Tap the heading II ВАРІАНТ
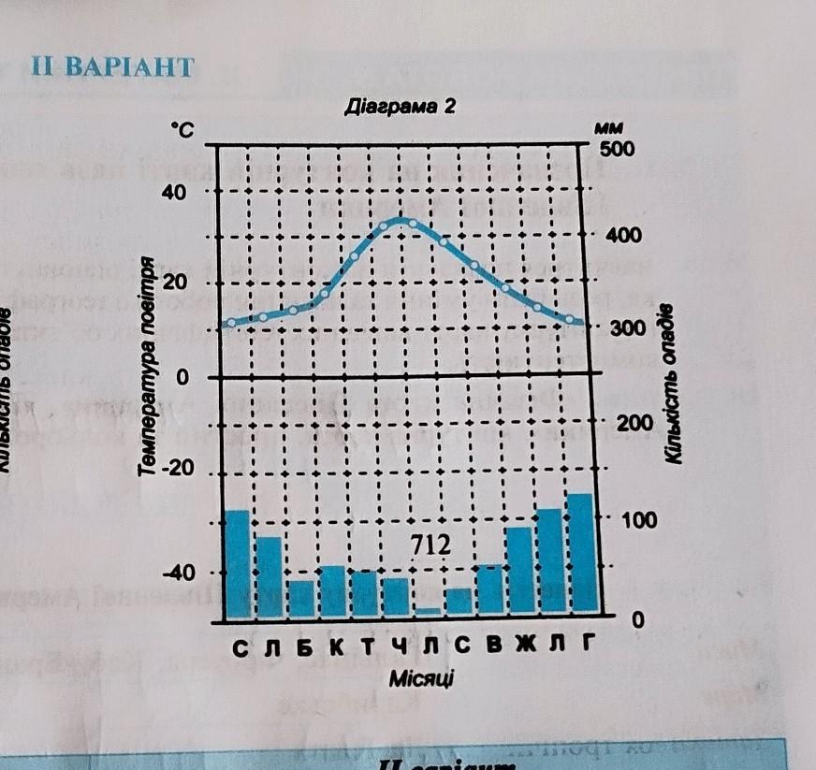tap(113, 66)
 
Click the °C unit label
tap(181, 132)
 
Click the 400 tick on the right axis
tap(624, 235)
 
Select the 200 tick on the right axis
tap(624, 424)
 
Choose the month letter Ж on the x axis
tap(549, 646)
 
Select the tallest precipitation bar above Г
tap(581, 554)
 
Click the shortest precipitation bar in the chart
tap(427, 612)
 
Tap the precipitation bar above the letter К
tap(332, 590)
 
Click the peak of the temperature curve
tap(401, 220)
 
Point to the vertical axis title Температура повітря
tap(147, 366)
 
